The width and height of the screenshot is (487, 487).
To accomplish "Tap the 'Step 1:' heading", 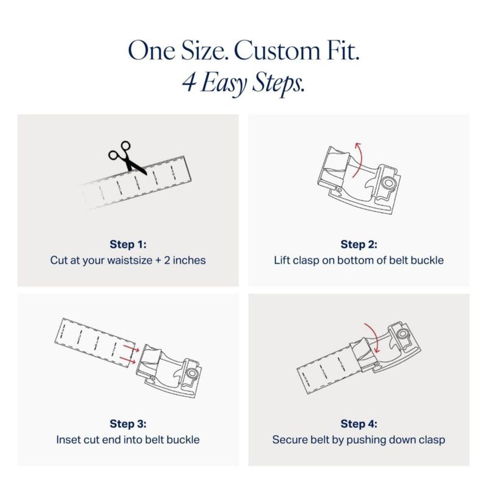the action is coord(128,244).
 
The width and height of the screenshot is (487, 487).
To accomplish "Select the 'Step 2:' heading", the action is coord(359,244).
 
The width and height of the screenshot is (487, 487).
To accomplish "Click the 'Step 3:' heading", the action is coord(128,424).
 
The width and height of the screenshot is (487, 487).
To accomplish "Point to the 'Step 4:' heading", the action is coord(359,424).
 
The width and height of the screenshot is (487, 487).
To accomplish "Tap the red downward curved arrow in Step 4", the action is coord(374,337).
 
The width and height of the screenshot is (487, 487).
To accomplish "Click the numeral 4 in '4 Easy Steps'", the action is coord(189,82).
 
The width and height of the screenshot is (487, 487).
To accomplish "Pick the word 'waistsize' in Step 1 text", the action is coord(130,261).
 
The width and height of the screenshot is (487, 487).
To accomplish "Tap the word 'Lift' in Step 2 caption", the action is coord(281,260).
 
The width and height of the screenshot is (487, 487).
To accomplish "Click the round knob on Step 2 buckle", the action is coord(388,183).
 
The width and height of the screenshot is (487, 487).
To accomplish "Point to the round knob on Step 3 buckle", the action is coord(192,373).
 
